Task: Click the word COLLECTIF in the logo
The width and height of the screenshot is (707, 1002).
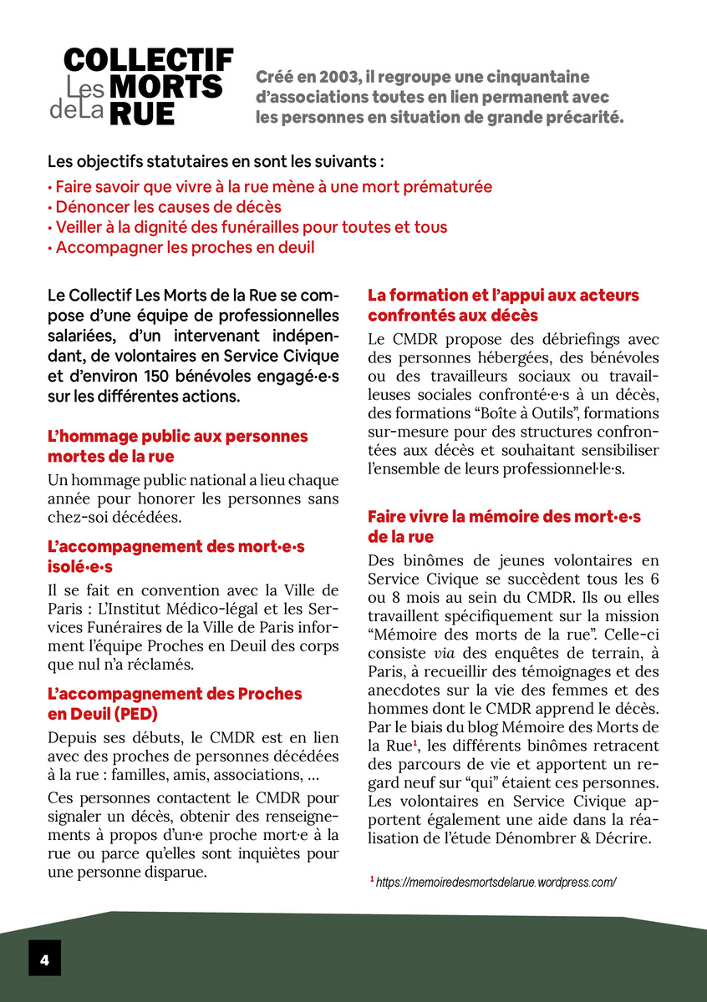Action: point(148,60)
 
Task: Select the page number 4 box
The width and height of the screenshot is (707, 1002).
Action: point(44,958)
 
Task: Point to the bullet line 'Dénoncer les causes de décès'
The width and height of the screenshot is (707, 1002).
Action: point(164,207)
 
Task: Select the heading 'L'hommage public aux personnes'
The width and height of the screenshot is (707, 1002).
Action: point(178,437)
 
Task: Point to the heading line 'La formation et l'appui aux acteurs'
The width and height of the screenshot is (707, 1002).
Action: point(503,296)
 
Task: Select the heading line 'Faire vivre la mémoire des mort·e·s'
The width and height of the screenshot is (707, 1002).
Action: point(504,517)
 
